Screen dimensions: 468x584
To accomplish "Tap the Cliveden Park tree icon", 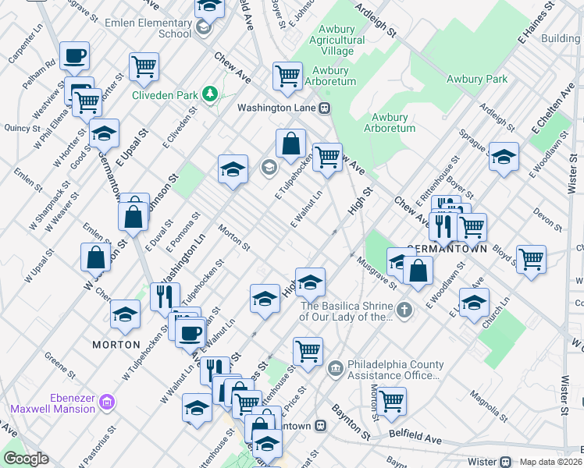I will click(x=209, y=94).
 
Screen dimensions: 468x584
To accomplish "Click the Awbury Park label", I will click(x=476, y=79).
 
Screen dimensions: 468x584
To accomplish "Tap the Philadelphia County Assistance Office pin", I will click(x=335, y=367).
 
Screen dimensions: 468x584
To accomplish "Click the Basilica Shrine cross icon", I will click(x=403, y=311).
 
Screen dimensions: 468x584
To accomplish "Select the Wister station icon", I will click(x=505, y=461).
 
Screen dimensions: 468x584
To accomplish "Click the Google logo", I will click(x=26, y=459).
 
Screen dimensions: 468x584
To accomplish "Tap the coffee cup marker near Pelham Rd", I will click(x=75, y=55).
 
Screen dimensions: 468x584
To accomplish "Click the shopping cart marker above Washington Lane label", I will click(x=287, y=76).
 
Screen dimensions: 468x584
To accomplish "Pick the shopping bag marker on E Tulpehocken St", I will click(x=290, y=144).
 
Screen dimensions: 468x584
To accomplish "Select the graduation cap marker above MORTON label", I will click(x=125, y=314).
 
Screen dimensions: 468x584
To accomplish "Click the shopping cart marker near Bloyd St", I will click(x=532, y=259).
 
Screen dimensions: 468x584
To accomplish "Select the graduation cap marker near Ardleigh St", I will click(x=504, y=156).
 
